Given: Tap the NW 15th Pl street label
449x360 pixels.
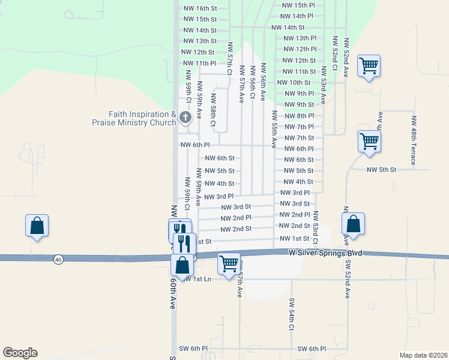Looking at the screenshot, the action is click(x=298, y=5).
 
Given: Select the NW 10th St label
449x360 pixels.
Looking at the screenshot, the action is click(x=294, y=82).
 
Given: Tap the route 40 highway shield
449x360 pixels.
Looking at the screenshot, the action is click(x=58, y=259).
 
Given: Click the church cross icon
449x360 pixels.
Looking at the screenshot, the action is click(x=185, y=117).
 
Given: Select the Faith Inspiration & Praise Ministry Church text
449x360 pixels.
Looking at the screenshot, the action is click(x=142, y=118).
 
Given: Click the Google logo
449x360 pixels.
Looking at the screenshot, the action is click(x=20, y=353).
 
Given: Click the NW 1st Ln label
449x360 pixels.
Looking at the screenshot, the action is click(x=198, y=279).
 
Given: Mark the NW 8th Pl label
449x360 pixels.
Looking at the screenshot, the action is click(x=298, y=116).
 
